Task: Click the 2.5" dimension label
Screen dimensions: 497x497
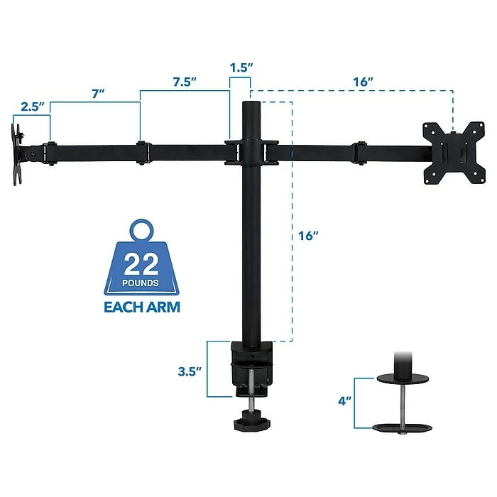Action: [33, 106]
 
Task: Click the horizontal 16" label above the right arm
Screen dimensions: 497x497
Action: [362, 81]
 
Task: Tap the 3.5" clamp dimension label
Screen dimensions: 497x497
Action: [190, 371]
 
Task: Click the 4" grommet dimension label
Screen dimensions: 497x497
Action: [346, 401]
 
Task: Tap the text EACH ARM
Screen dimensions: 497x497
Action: [142, 307]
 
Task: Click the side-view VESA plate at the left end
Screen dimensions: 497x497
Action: [17, 154]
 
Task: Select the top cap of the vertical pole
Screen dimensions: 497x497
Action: [252, 105]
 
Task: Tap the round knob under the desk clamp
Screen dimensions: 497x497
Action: [251, 423]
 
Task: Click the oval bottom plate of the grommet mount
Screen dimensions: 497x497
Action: [403, 428]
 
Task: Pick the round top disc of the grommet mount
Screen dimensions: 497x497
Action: [403, 380]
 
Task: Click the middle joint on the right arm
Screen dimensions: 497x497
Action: [359, 152]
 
